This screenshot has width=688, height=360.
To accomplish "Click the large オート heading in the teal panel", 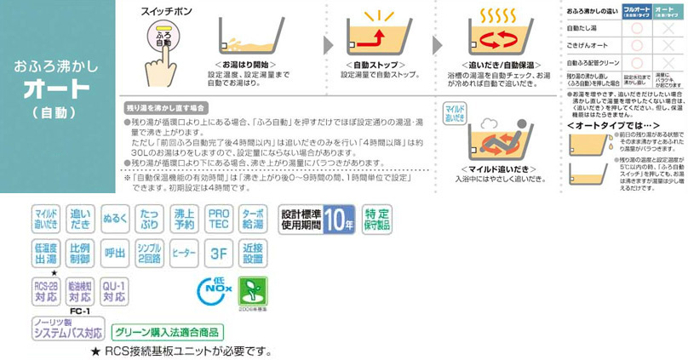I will click(x=56, y=89).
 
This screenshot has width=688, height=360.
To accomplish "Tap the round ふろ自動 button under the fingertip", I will click(x=164, y=38).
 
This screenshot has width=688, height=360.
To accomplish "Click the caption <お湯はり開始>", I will click(x=248, y=65).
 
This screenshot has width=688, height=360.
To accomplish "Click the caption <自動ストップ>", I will click(x=372, y=65).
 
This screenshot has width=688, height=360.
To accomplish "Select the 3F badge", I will click(x=219, y=254).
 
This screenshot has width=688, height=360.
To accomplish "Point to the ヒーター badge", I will click(x=184, y=254).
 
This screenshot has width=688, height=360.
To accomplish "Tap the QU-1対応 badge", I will click(x=113, y=291).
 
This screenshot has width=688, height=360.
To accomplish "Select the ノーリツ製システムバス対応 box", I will click(x=69, y=329).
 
